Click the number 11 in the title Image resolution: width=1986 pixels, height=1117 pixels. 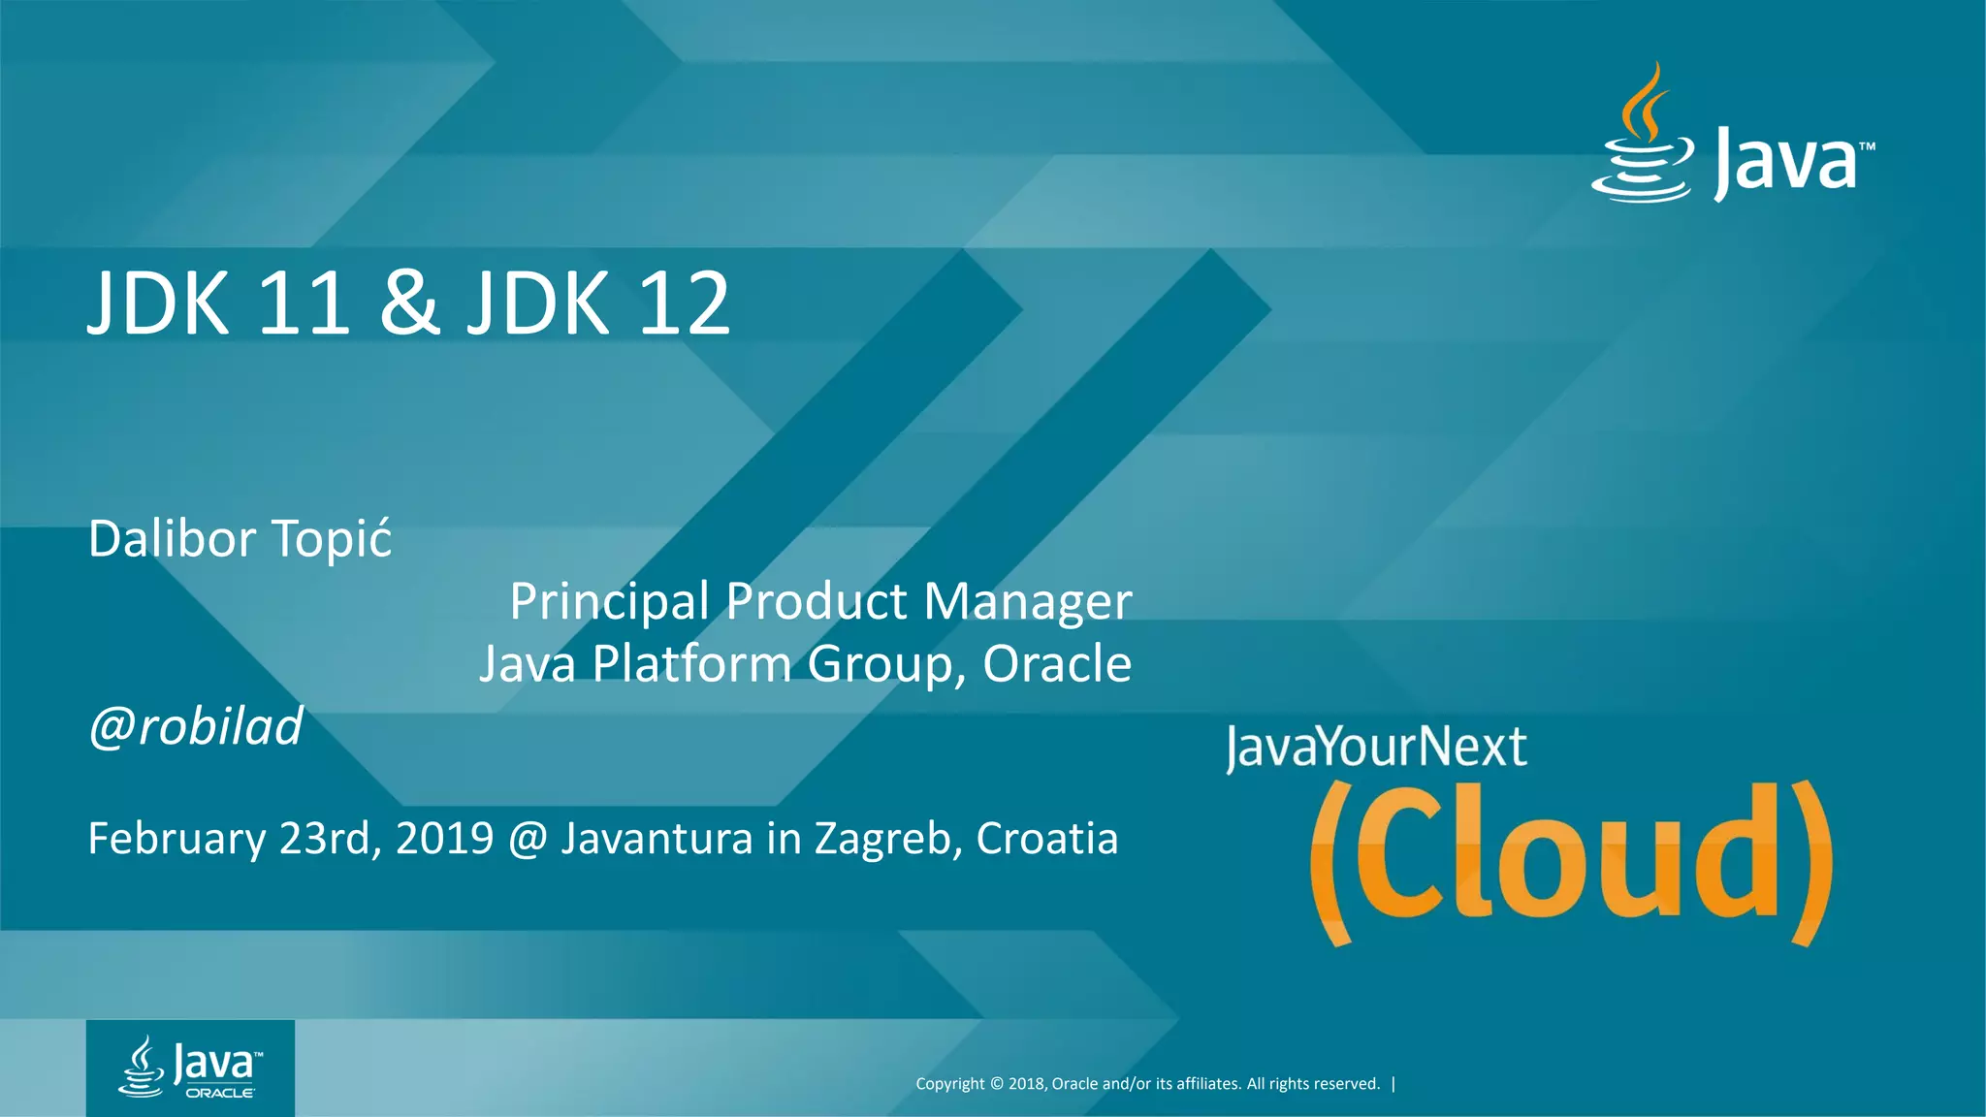(x=303, y=303)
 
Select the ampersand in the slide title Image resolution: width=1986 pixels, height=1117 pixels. (x=409, y=303)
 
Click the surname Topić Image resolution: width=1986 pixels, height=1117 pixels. (x=331, y=539)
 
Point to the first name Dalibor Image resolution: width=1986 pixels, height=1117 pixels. (x=172, y=539)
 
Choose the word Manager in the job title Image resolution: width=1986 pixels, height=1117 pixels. (x=1027, y=602)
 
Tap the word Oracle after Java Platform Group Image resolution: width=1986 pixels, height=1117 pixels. (x=1057, y=664)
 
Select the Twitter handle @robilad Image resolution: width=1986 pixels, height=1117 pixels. (x=196, y=726)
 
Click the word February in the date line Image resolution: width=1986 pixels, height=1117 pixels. (x=176, y=839)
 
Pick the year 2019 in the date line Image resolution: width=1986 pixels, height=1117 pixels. (x=444, y=839)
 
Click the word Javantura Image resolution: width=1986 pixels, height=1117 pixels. (x=657, y=839)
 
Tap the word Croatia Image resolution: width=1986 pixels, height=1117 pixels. (x=1046, y=839)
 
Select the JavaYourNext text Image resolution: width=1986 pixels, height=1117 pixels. (x=1376, y=748)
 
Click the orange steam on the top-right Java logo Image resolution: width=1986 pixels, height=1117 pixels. (x=1646, y=102)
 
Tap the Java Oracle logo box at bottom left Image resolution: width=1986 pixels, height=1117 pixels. (x=190, y=1068)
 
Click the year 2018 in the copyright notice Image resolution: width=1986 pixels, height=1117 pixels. (x=1026, y=1084)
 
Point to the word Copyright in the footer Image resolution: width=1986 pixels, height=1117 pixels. (x=949, y=1084)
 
